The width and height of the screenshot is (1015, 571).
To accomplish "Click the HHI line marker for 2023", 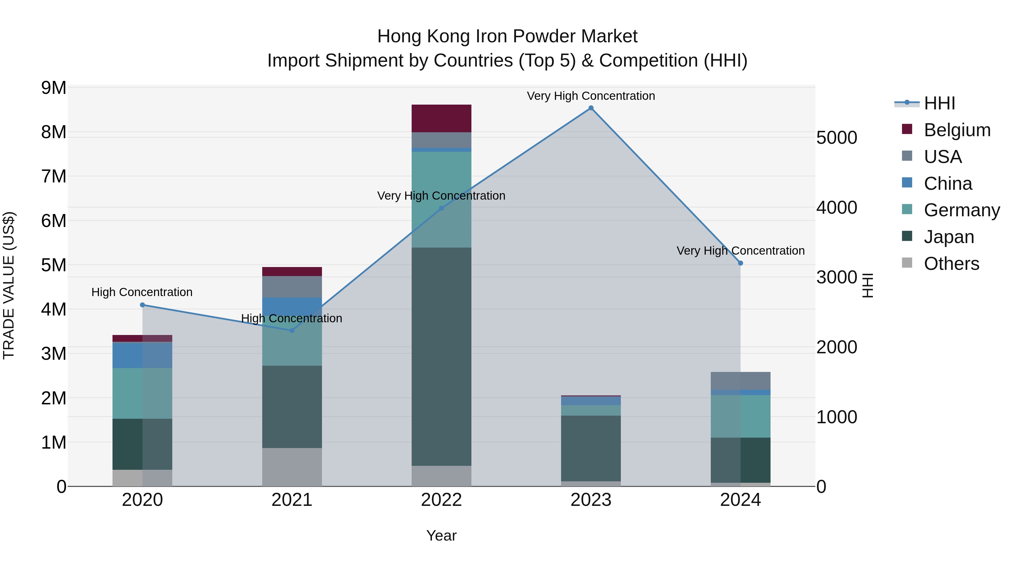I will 591,108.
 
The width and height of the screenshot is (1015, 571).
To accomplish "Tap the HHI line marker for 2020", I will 143,305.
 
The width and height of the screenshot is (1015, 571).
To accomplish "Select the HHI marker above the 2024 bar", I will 740,263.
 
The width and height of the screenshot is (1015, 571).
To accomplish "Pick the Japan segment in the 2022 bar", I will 441,357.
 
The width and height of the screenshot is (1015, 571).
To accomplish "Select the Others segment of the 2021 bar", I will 292,467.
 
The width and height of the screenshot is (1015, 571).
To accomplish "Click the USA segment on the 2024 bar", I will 740,381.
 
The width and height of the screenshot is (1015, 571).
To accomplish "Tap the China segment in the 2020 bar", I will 142,355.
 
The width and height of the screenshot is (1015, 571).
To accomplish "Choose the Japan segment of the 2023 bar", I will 591,448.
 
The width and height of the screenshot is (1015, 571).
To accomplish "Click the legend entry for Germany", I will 961,210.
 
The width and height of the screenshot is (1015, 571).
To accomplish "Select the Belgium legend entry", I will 957,130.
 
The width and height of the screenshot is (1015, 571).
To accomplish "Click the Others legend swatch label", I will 951,264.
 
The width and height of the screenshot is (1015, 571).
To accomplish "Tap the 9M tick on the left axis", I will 54,88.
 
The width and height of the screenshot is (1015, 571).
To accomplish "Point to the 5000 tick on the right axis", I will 837,138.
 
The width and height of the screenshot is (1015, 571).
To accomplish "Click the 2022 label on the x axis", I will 441,500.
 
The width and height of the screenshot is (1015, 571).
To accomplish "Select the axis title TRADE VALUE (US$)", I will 9,285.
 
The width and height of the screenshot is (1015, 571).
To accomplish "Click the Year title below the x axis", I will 441,535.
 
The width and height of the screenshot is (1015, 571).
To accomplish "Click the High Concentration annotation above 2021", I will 292,318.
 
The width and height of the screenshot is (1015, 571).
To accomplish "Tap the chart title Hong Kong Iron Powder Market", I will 507,36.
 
